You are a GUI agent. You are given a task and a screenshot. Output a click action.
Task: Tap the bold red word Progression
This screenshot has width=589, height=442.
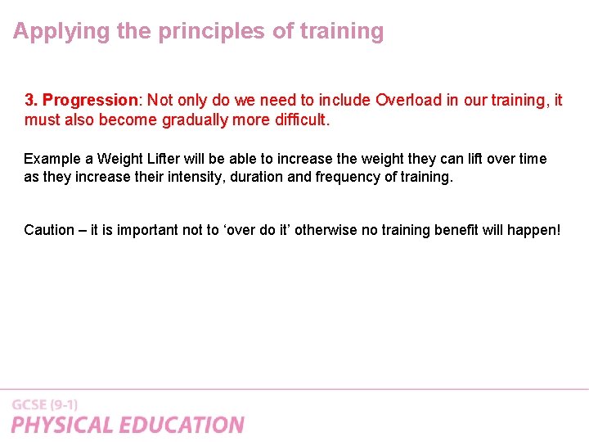[90, 101]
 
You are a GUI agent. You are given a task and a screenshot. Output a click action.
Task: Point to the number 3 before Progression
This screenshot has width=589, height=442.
[29, 101]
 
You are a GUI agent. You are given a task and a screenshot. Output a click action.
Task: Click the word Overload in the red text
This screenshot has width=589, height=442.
[408, 101]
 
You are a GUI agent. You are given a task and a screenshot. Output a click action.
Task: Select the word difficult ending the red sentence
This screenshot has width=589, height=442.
[294, 120]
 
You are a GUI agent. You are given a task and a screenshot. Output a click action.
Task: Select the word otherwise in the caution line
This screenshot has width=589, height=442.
[327, 230]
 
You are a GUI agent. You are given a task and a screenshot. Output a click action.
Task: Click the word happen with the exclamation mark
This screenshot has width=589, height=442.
[534, 230]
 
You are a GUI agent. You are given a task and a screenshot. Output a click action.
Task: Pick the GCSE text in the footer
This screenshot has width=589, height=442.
[29, 404]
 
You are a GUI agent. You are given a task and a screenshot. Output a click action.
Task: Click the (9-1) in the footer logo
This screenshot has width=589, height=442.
[64, 404]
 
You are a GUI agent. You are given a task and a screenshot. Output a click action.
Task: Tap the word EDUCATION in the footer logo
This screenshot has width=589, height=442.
[182, 425]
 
